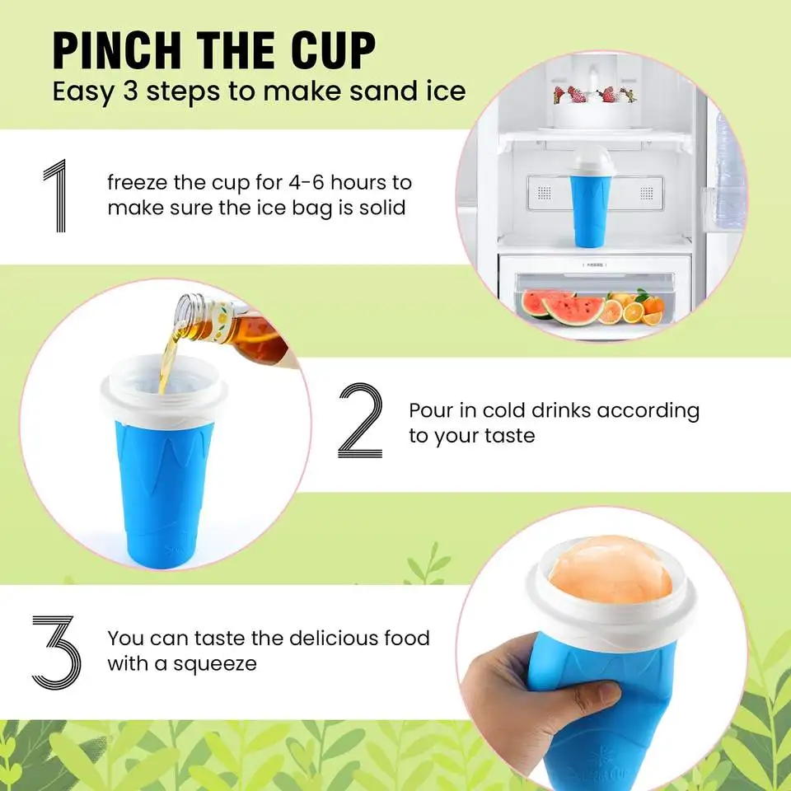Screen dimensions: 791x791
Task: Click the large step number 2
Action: point(360,422)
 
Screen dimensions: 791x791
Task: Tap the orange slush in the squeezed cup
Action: point(606,569)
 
